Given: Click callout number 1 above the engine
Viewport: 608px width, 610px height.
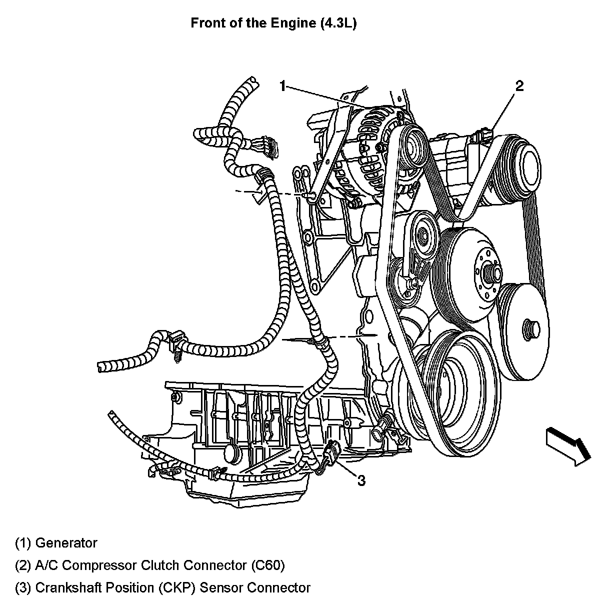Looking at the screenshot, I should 283,86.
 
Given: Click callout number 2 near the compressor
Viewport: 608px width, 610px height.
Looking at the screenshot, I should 519,86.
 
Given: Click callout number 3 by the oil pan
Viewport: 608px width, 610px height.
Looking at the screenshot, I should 361,480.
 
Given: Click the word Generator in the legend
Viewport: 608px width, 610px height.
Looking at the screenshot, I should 66,542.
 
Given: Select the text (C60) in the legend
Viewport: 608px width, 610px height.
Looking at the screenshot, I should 266,565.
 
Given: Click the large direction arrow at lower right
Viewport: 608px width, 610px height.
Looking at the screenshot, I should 568,445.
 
